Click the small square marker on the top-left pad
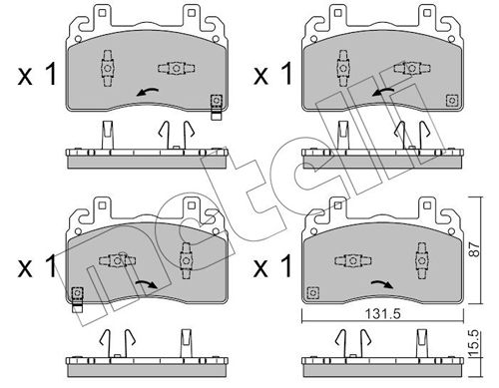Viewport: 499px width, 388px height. (x=215, y=100)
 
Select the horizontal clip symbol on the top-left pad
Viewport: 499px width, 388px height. (x=174, y=68)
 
